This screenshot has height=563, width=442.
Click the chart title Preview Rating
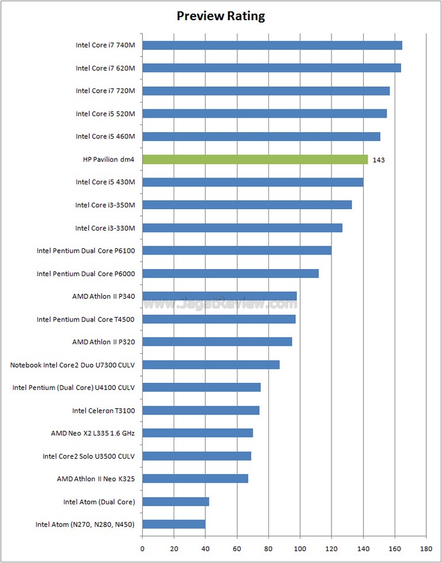[220, 16]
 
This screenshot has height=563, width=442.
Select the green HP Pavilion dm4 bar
[254, 159]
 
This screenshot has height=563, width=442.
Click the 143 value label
[379, 160]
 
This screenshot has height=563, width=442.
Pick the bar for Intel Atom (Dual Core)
[176, 502]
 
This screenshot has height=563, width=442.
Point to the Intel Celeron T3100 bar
[201, 410]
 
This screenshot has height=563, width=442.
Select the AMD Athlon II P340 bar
[219, 296]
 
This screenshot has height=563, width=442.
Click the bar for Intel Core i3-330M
[242, 227]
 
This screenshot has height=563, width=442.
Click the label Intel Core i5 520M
[105, 114]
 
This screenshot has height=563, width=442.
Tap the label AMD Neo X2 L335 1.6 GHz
[93, 433]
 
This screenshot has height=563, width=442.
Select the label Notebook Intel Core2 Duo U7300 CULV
[73, 365]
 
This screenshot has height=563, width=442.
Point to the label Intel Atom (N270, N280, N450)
[85, 524]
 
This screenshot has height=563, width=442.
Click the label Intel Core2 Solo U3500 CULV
[88, 456]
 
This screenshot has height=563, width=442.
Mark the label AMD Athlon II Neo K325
[95, 479]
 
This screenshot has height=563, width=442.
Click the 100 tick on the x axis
[300, 548]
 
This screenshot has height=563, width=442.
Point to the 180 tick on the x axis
[426, 548]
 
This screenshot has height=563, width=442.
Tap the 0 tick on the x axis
[142, 548]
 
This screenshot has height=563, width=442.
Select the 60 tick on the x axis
[237, 548]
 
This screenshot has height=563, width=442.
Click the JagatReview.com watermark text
[219, 304]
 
